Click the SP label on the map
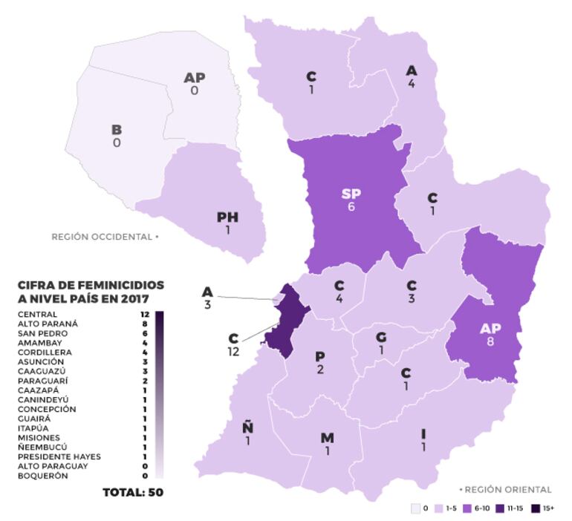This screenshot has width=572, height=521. (352, 194)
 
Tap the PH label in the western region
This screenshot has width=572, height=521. (227, 217)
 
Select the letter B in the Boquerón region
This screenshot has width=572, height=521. (117, 129)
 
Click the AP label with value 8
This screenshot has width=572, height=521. (490, 328)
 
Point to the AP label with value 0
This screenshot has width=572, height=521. (195, 77)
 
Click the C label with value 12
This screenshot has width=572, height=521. (234, 338)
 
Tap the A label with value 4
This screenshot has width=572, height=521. (411, 71)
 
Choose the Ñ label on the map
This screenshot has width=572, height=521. (247, 427)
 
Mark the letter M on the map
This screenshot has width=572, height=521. (327, 438)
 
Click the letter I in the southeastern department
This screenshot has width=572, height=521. (423, 433)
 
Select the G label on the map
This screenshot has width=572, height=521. (381, 338)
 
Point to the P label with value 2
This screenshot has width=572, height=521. (321, 358)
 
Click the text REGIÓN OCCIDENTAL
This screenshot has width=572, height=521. (103, 237)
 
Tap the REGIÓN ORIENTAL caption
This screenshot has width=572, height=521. (506, 490)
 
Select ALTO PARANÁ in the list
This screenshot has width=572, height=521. (48, 324)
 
